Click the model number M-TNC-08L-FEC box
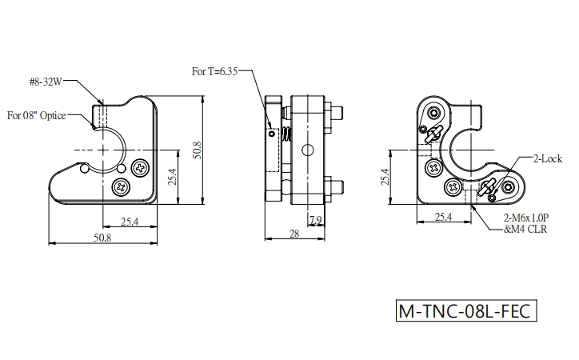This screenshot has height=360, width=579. point(466,310)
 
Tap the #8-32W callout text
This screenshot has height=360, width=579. point(46,82)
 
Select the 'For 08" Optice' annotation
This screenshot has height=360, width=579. point(37,115)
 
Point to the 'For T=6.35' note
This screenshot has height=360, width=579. point(214,71)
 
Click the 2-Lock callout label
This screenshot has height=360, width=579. point(548,158)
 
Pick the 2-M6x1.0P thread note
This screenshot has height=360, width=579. point(526,218)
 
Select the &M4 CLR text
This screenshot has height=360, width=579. point(525,230)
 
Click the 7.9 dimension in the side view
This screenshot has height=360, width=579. point(316,221)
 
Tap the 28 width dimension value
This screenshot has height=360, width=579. point(294,234)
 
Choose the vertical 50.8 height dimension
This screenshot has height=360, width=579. point(198,150)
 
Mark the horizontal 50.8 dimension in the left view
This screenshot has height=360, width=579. point(102,238)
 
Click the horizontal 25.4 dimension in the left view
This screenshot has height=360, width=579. point(130,222)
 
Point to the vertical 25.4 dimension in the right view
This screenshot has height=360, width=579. point(385,177)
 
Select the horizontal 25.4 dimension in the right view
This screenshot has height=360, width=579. point(444,217)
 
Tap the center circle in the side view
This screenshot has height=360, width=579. point(308,150)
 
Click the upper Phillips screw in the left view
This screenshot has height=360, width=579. point(140,168)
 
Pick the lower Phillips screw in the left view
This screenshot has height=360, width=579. point(122,187)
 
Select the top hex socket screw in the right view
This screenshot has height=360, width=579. point(434,112)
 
